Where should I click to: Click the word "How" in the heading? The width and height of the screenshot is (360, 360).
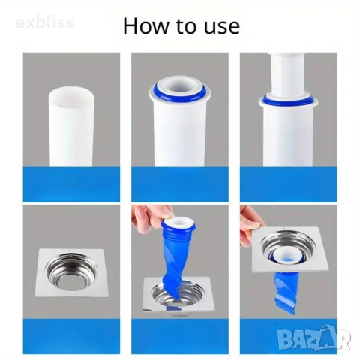coord(146,25)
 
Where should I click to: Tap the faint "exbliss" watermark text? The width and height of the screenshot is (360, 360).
coord(45,22)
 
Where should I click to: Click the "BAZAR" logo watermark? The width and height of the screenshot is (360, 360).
coord(314,338)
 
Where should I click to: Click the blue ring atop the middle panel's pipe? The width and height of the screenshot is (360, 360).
coord(180,93)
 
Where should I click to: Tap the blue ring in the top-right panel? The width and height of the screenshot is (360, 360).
coord(289,100)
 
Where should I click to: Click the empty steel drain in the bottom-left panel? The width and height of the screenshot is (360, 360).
coord(71,273)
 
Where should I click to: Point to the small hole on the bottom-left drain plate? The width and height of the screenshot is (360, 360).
coord(69,250)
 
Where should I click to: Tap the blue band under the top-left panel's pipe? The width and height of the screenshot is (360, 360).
coord(71,184)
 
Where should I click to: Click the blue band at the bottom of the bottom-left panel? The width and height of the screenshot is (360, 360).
coord(71,336)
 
